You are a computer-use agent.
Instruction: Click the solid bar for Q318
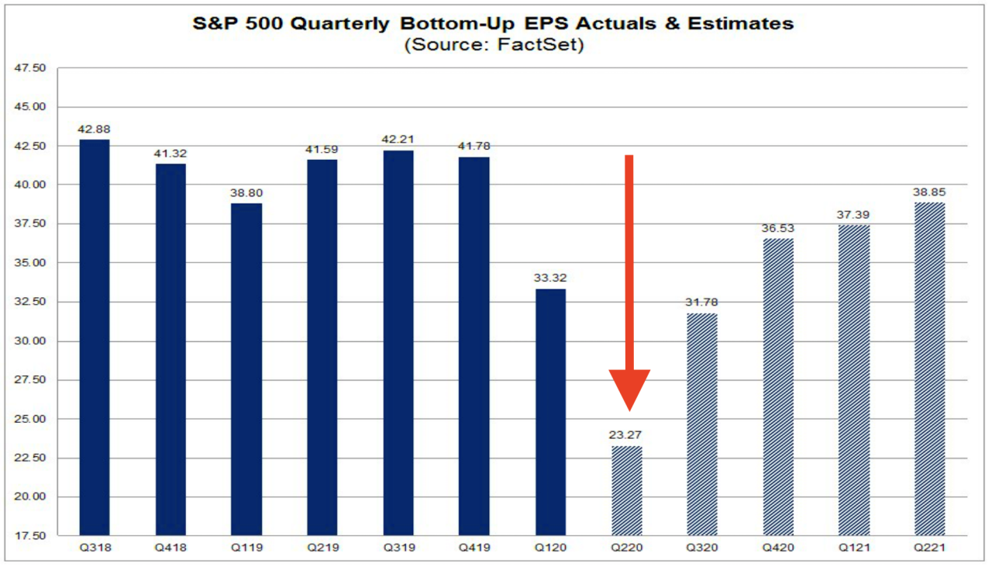(x=95, y=337)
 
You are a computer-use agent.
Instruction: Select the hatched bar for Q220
(x=626, y=490)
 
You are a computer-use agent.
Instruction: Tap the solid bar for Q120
(x=550, y=412)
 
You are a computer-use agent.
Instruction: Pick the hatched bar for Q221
(x=929, y=369)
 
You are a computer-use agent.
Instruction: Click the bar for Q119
(x=246, y=369)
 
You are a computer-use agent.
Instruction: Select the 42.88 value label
(x=95, y=129)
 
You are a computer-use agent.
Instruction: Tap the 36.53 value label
(x=777, y=228)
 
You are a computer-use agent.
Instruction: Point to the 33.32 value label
(x=550, y=278)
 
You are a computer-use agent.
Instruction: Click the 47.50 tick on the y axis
(x=31, y=68)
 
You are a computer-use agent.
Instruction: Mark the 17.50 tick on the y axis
(x=31, y=536)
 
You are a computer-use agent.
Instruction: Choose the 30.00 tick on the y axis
(x=31, y=341)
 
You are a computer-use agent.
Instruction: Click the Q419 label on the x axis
(x=474, y=548)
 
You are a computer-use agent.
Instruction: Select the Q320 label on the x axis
(x=702, y=548)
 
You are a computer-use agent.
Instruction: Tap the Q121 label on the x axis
(x=853, y=548)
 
